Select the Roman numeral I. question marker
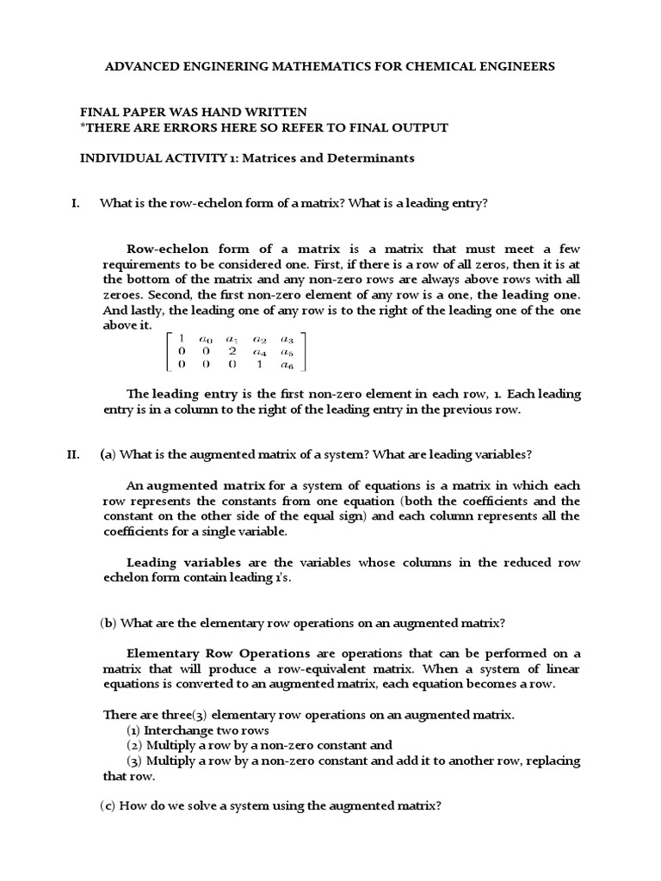pyautogui.click(x=74, y=203)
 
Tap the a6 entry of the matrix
pyautogui.click(x=288, y=366)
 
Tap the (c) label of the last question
pyautogui.click(x=109, y=806)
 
